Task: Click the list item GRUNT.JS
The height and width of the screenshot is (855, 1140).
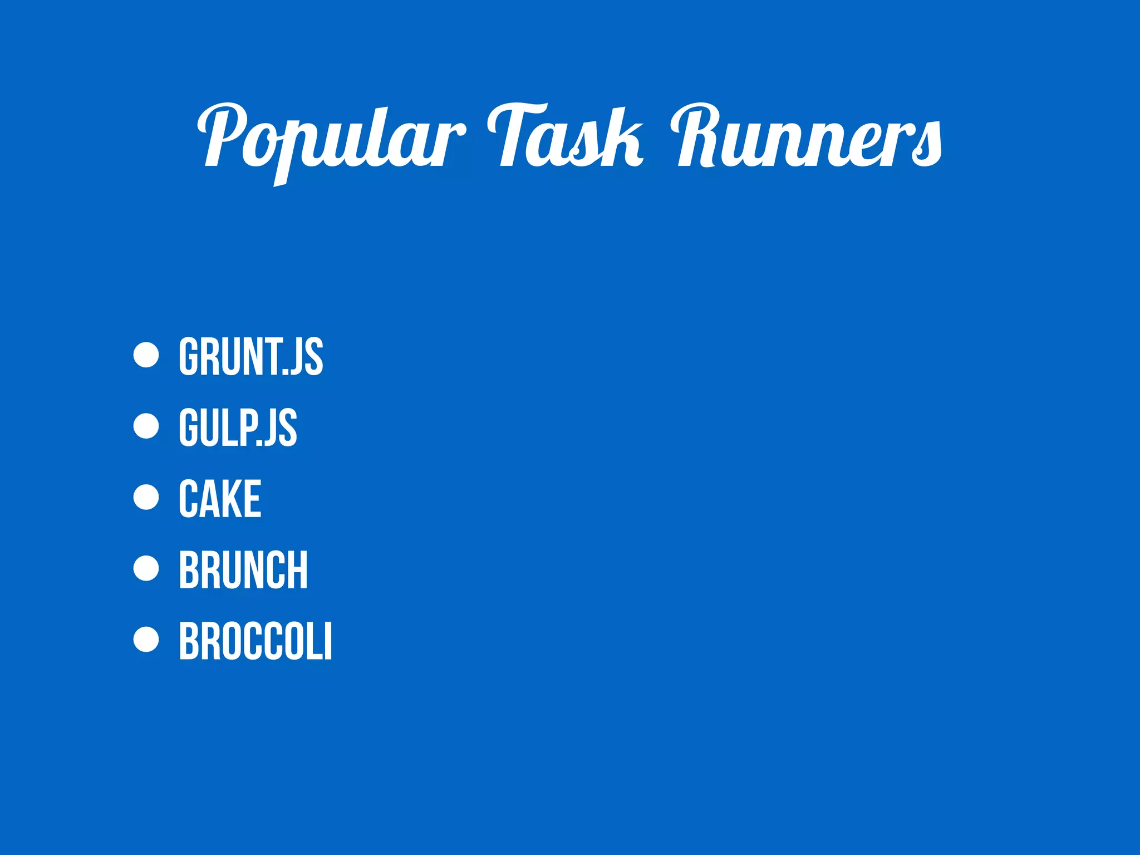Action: [x=250, y=357]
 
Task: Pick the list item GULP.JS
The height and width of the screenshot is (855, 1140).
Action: [x=238, y=427]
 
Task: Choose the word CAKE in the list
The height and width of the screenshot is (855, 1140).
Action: [x=220, y=499]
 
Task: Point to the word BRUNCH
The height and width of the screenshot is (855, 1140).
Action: [x=243, y=569]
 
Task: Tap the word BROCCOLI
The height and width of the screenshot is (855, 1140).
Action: [x=255, y=641]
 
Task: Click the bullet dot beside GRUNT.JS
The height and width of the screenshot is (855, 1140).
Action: [x=146, y=355]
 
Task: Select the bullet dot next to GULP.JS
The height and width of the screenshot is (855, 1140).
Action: [x=146, y=426]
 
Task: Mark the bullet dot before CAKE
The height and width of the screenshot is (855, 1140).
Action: [x=146, y=497]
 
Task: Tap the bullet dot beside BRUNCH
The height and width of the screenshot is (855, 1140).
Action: [x=146, y=568]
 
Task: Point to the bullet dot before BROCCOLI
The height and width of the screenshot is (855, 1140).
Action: [x=146, y=639]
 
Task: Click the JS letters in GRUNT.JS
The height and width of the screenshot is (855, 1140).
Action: [x=307, y=357]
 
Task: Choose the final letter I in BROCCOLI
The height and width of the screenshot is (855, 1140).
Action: [x=328, y=641]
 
